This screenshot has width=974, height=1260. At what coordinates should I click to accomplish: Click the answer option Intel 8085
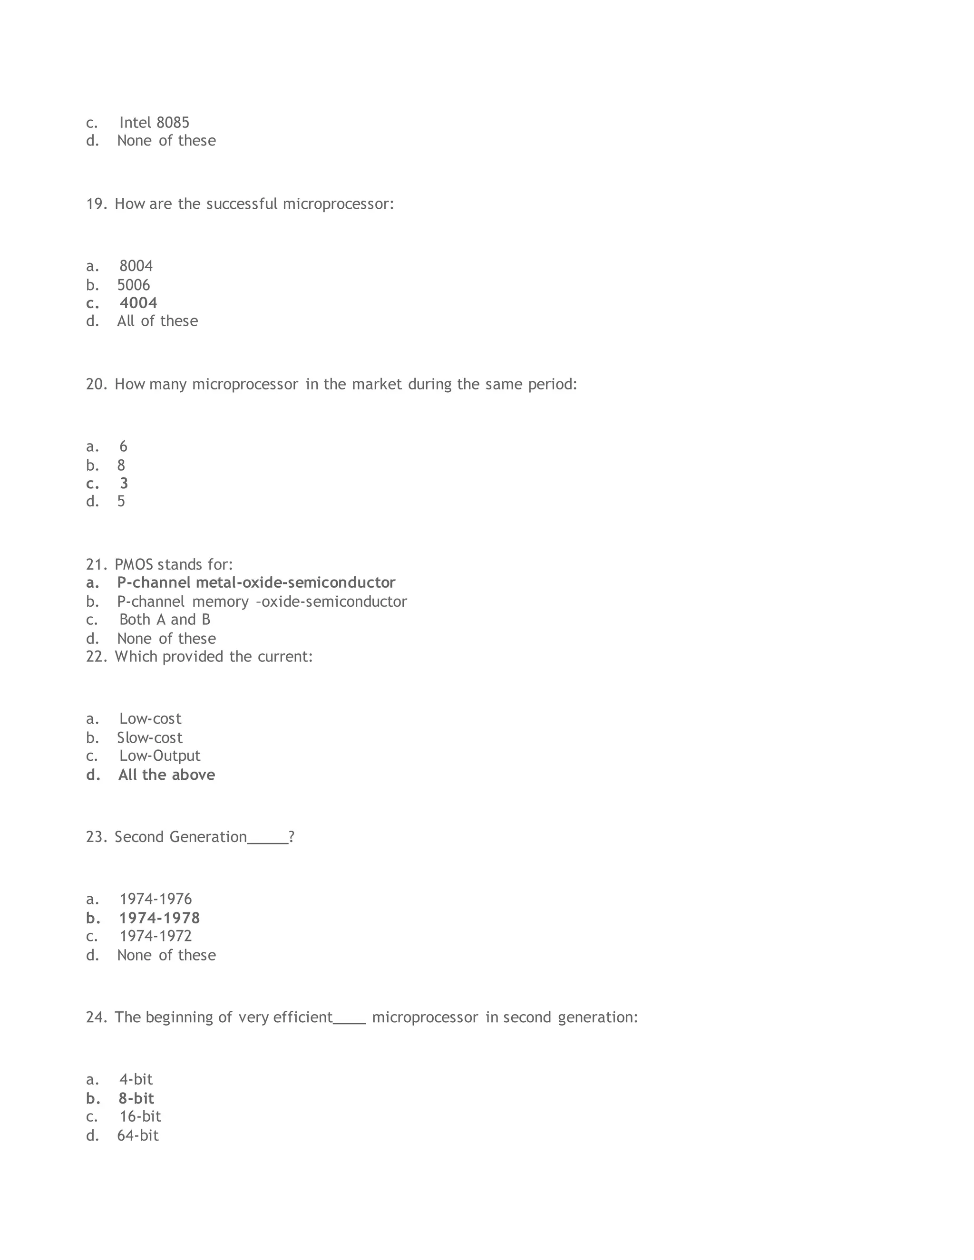tap(154, 122)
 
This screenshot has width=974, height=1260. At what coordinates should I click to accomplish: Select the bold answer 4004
tap(138, 303)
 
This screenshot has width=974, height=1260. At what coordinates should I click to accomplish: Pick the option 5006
tap(133, 285)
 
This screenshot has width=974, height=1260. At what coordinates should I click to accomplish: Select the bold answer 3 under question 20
tap(124, 484)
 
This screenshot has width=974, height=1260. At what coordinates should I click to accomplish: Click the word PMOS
tap(134, 564)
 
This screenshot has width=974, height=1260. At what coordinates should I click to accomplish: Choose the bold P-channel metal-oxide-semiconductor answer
tap(256, 583)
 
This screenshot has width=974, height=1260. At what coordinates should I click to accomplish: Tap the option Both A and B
tap(165, 620)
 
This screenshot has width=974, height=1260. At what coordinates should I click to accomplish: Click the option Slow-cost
tap(149, 738)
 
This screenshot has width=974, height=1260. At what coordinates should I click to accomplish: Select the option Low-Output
tap(160, 756)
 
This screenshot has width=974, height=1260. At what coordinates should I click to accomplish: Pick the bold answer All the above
tap(167, 775)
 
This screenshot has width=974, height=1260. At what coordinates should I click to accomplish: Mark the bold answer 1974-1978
tap(159, 918)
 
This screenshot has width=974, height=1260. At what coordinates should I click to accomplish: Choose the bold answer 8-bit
tap(136, 1098)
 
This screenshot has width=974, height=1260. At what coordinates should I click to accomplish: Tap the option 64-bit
tap(138, 1135)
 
